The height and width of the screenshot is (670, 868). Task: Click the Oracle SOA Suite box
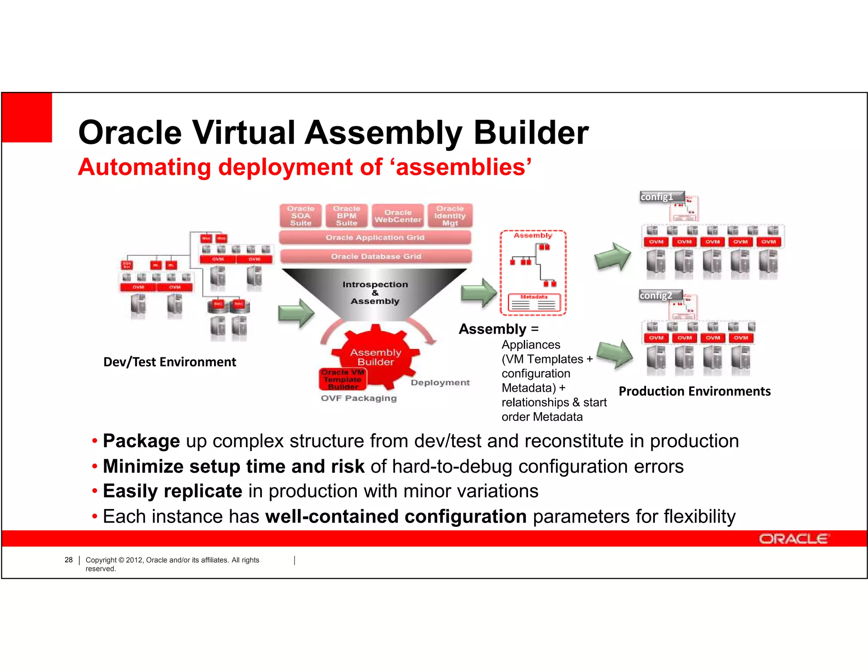coord(300,216)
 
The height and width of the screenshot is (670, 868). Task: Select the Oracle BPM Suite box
coord(347,216)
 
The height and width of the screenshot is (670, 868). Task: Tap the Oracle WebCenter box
coord(398,216)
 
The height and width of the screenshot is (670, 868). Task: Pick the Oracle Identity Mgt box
coord(450,216)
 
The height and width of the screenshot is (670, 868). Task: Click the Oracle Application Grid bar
coord(375,238)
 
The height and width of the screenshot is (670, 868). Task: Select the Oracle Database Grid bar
coord(376,256)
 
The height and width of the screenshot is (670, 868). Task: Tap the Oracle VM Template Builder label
coord(342,379)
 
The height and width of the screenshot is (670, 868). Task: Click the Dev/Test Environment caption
coord(170,362)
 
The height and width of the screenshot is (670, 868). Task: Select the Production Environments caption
coord(694,391)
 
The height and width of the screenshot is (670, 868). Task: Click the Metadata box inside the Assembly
coord(534,302)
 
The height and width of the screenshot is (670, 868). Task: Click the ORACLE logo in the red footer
coord(793,539)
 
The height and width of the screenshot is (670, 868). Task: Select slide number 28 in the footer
coord(69,560)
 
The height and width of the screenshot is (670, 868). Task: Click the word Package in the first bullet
coord(141,441)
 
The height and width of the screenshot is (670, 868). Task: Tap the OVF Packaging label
coord(359,398)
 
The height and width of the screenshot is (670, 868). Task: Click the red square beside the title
coord(27,117)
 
